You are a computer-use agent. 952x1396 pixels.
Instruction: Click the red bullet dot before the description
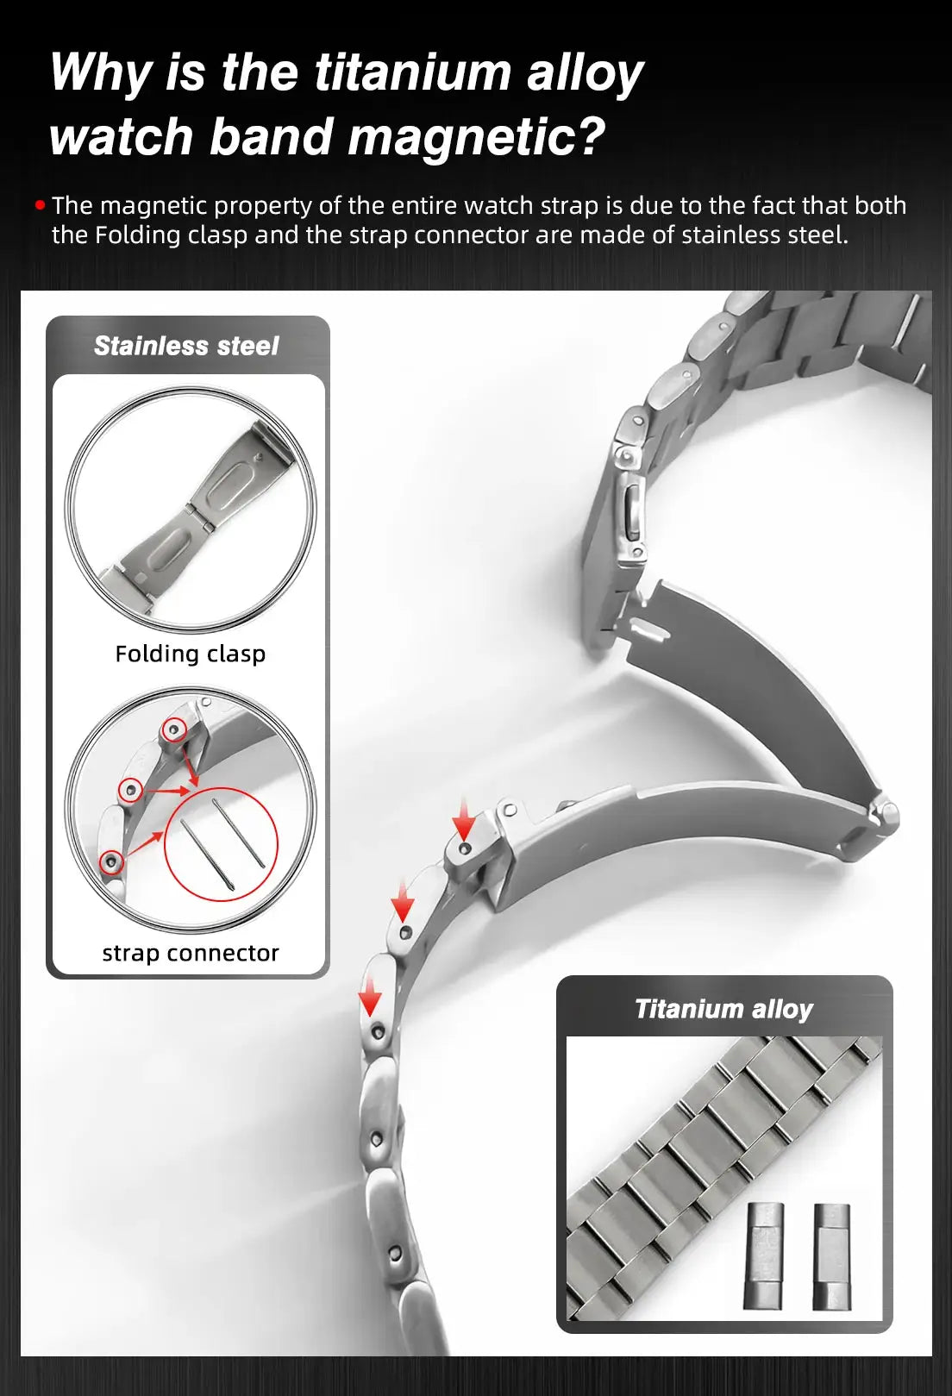click(x=41, y=205)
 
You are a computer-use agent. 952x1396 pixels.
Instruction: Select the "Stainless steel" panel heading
click(x=185, y=346)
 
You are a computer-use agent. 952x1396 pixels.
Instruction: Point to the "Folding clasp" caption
click(x=191, y=654)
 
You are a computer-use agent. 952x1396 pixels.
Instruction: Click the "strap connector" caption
click(x=191, y=953)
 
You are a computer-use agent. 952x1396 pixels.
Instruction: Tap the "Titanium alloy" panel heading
click(x=723, y=1009)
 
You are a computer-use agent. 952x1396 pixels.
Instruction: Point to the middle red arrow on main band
click(x=403, y=900)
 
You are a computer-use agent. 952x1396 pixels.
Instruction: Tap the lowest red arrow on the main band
click(x=370, y=995)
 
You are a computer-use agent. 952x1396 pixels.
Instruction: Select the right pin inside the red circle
click(x=239, y=833)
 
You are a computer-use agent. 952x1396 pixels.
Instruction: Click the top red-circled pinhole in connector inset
click(x=172, y=729)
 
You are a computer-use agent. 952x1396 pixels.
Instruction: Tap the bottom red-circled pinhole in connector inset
click(x=111, y=862)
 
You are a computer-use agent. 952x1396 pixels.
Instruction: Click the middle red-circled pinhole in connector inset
click(x=130, y=790)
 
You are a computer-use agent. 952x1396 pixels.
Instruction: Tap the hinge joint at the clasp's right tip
click(x=886, y=812)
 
